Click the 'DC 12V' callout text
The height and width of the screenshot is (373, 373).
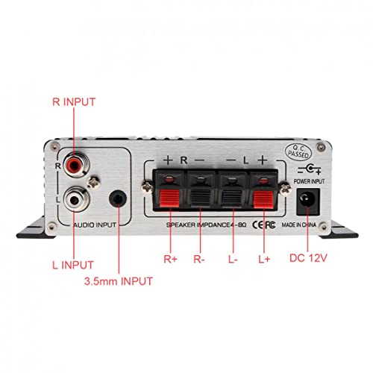309,260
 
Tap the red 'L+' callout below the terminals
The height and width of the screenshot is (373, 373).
263,260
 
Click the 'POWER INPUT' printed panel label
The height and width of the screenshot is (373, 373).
307,181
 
